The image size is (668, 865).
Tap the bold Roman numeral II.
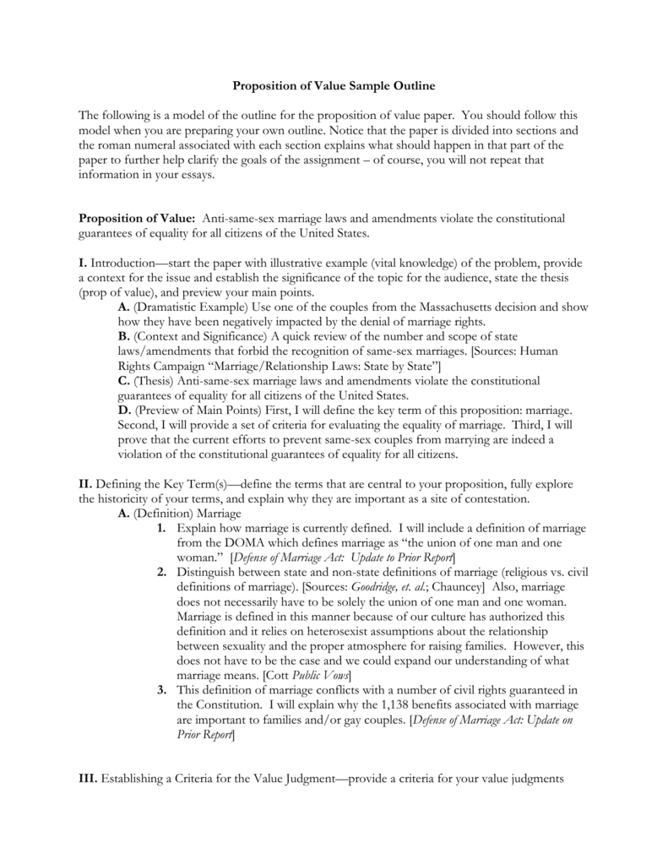pyautogui.click(x=84, y=484)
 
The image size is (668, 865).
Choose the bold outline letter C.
pyautogui.click(x=124, y=381)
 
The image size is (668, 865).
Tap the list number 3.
pyautogui.click(x=160, y=690)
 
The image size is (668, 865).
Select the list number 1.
pyautogui.click(x=160, y=528)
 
